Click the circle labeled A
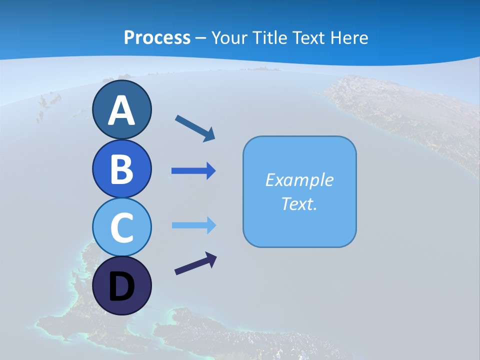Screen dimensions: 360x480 click(x=121, y=109)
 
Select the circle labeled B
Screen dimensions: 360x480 click(x=121, y=168)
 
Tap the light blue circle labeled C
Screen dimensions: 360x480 click(x=121, y=227)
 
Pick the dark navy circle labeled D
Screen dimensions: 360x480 click(x=121, y=285)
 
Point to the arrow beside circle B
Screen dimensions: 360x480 click(x=193, y=171)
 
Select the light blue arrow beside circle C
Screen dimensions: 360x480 click(x=193, y=225)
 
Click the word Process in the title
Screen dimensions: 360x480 click(x=157, y=37)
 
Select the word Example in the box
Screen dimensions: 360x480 click(x=299, y=180)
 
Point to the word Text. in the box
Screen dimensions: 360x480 click(x=299, y=203)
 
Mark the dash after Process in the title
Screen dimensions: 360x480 click(x=200, y=38)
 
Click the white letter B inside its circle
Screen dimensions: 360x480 click(x=121, y=169)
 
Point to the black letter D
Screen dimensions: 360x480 click(x=121, y=287)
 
